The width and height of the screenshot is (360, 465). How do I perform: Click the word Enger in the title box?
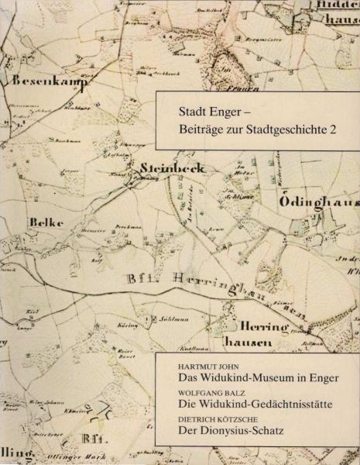[x=218, y=110]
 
